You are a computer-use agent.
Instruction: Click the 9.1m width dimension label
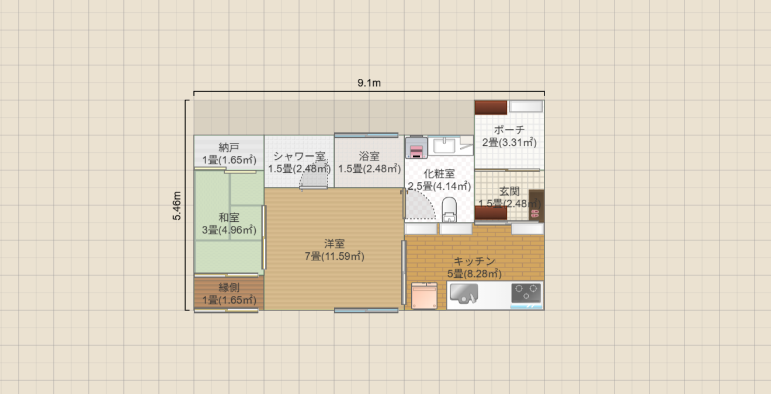(369, 83)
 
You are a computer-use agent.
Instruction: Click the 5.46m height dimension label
(177, 205)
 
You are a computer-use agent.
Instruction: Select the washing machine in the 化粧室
(416, 147)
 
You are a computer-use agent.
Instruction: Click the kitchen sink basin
(464, 293)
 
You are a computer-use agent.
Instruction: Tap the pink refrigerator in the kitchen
(425, 295)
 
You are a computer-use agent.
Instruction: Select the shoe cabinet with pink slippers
(536, 205)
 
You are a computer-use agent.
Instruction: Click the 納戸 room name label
(229, 147)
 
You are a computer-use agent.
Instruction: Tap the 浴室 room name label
(369, 156)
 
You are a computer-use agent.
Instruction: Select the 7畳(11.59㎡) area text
(335, 256)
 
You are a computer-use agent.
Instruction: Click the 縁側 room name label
(229, 287)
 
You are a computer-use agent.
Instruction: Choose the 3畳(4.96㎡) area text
(229, 230)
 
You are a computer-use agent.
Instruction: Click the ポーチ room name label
(509, 130)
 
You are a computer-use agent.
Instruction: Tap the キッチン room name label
(474, 261)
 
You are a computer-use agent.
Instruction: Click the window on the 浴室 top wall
(366, 135)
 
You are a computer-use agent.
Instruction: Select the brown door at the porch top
(491, 107)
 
